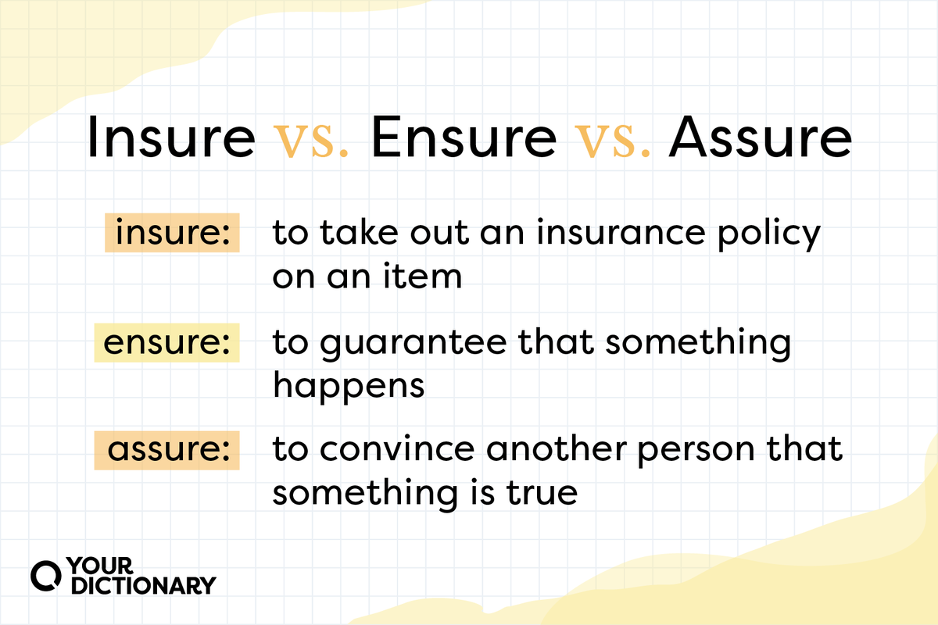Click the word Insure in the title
coord(170,139)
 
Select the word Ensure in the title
coord(463,139)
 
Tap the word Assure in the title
coord(760,139)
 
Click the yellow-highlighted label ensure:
coord(166,344)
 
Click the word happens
coord(348,387)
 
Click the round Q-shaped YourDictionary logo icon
coord(45,575)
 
